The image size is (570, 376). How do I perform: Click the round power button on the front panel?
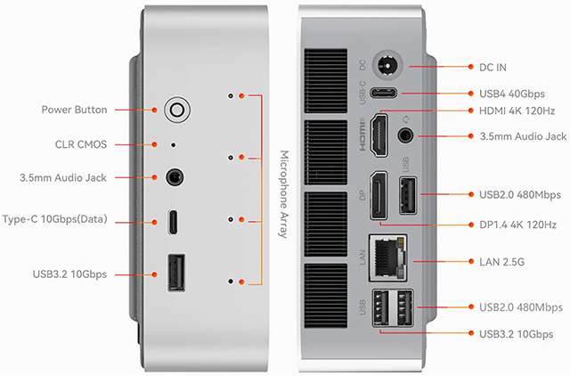point(176,110)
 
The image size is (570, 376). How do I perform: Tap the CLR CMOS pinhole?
point(173,143)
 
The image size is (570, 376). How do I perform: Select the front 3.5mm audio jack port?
point(175,177)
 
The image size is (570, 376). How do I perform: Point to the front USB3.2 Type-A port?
point(175,273)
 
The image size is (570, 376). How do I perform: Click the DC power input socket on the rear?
point(388,66)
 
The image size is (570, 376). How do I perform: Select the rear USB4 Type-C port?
point(388,94)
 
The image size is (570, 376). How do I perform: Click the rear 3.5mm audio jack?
point(407,136)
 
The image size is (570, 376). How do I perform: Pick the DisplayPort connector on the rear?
point(379,195)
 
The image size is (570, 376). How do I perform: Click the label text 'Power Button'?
point(75,110)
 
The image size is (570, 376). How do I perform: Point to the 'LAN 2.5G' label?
point(503,262)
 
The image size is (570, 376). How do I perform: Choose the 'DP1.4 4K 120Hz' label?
point(517,224)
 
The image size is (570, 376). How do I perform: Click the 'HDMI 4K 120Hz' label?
point(517,110)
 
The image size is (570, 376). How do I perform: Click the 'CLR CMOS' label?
point(81,143)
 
